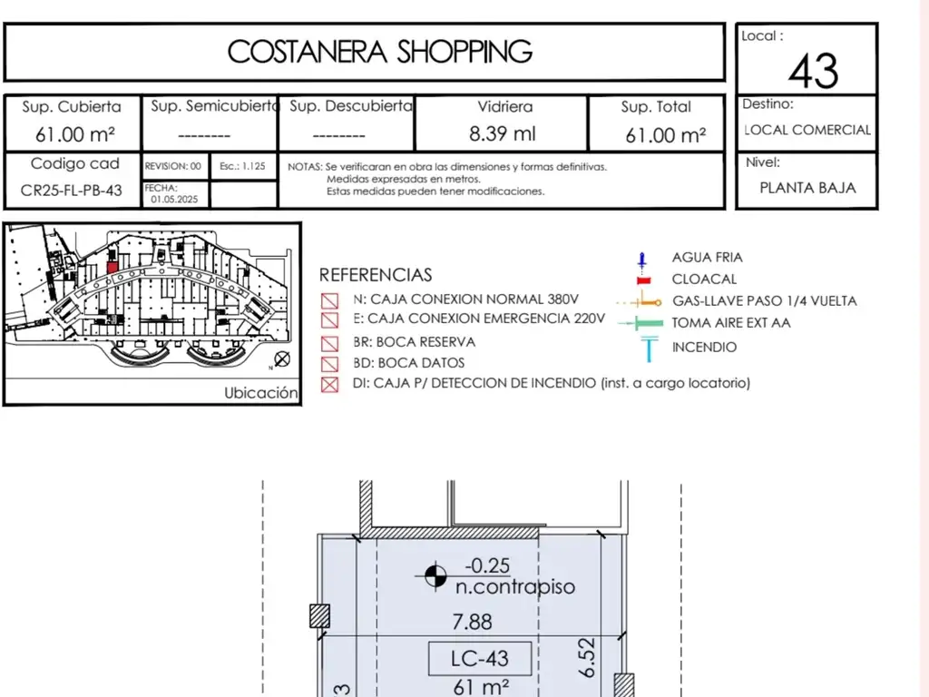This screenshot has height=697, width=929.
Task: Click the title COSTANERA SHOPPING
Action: (380, 52)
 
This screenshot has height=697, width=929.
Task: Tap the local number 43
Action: (813, 71)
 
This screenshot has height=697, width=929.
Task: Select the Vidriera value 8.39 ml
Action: (502, 134)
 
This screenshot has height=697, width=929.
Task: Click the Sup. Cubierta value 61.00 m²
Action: (74, 135)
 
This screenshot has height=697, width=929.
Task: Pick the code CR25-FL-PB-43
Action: (71, 191)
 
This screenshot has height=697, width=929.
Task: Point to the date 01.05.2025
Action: (174, 199)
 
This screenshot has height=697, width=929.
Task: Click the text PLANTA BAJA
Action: (807, 188)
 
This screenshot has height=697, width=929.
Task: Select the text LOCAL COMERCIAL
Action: (807, 130)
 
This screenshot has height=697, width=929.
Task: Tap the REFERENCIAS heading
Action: (376, 275)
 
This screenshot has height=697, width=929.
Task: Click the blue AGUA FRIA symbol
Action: (642, 260)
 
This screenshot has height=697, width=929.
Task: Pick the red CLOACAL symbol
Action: (643, 280)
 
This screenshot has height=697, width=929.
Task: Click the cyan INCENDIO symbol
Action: (649, 348)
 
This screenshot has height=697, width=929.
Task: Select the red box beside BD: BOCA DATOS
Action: (329, 363)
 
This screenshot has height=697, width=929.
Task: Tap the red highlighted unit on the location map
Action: (112, 268)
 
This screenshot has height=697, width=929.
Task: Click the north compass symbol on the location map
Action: (282, 359)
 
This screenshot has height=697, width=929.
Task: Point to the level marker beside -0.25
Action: (435, 575)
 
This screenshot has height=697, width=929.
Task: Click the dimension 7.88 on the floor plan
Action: (472, 622)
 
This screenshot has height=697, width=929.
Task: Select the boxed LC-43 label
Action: (480, 659)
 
